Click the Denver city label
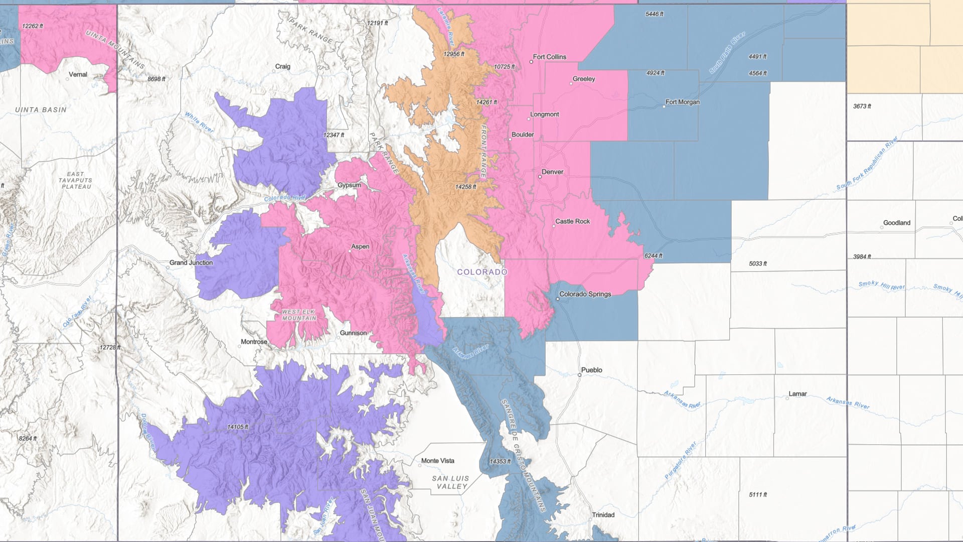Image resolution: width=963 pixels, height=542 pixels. pyautogui.click(x=552, y=172)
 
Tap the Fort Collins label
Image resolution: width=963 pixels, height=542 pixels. pyautogui.click(x=549, y=57)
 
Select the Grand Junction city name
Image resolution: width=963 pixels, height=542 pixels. pyautogui.click(x=191, y=263)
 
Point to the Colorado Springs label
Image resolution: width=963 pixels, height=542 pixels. pyautogui.click(x=585, y=295)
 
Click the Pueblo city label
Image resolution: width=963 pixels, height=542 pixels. pyautogui.click(x=591, y=370)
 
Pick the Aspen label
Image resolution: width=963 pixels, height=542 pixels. pyautogui.click(x=360, y=247)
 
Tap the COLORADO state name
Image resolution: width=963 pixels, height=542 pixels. pyautogui.click(x=482, y=272)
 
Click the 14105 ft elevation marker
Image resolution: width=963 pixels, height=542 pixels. pyautogui.click(x=238, y=427)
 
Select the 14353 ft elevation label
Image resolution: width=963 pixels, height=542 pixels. pyautogui.click(x=500, y=462)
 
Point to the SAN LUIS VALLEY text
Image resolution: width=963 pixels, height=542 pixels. pyautogui.click(x=451, y=482)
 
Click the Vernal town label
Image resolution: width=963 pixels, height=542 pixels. pyautogui.click(x=78, y=75)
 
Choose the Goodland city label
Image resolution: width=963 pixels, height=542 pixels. pyautogui.click(x=896, y=223)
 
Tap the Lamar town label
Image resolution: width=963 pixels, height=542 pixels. pyautogui.click(x=797, y=394)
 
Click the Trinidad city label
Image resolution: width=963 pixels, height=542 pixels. pyautogui.click(x=603, y=515)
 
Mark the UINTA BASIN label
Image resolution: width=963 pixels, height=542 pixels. pyautogui.click(x=41, y=110)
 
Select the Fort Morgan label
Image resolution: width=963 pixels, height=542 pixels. pyautogui.click(x=682, y=102)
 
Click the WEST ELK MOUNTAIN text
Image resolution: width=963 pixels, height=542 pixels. pyautogui.click(x=299, y=315)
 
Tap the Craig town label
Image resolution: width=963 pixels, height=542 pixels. pyautogui.click(x=282, y=67)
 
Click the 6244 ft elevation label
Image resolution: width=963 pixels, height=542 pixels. pyautogui.click(x=653, y=256)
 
